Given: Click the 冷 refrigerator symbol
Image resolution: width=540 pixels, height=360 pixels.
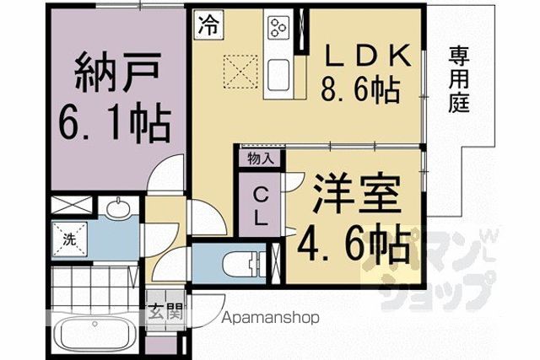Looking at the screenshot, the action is point(208,24).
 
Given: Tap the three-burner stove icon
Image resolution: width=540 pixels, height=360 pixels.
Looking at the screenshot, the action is point(278,27).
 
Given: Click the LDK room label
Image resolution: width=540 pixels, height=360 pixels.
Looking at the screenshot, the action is point(368,56).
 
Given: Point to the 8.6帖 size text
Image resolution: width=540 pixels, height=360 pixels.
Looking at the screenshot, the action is point(360,90).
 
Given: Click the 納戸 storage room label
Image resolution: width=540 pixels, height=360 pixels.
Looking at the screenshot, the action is point(118,72).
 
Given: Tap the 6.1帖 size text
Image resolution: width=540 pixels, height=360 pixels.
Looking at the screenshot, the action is point(116,122).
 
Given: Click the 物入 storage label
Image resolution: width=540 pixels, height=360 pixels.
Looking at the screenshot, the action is point(261,159).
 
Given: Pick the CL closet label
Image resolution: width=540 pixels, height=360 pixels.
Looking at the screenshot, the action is point(261,207).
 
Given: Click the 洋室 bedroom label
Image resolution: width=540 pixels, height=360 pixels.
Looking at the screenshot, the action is point(357,194).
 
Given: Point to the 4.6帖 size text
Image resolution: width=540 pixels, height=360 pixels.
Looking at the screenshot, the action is point(354,244).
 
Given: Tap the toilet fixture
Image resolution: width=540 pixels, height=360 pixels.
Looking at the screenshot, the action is point(244,265).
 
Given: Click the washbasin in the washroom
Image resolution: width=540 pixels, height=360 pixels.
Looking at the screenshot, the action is point(118,207).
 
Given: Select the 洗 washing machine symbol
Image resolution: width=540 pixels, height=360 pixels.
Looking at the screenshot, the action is point(69,239).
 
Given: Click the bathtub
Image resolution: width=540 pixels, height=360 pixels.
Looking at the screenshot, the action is point(95,333).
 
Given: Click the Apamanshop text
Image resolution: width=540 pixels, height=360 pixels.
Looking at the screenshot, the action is point(270,318).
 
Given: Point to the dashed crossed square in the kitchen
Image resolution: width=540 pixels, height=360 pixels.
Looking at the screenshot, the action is point(240,73).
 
